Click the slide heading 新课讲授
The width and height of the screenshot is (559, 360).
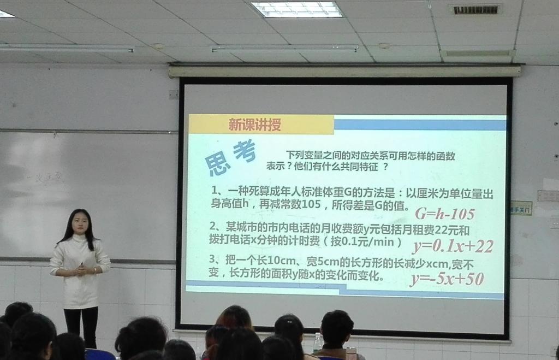[254, 125]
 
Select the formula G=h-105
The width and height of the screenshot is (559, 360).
[444, 214]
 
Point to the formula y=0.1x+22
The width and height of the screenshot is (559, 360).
[453, 246]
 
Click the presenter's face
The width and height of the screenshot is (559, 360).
[80, 223]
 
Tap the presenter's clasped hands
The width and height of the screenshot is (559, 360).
[81, 269]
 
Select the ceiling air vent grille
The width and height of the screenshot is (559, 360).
[475, 9]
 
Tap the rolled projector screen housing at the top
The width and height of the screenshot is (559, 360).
[344, 70]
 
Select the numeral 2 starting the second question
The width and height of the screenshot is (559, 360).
[212, 226]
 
